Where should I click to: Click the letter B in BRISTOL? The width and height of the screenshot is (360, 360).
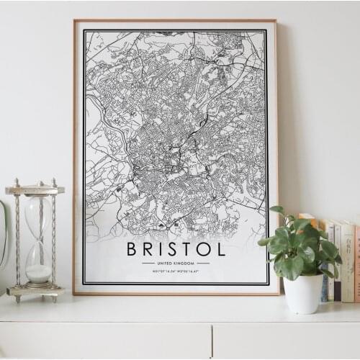point(132,249)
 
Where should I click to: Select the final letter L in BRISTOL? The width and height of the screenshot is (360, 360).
point(220,249)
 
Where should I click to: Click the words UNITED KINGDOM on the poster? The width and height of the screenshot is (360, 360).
point(176,263)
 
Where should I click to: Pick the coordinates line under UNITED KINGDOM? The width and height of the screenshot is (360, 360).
point(176,271)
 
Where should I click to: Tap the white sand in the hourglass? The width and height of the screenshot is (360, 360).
point(38,273)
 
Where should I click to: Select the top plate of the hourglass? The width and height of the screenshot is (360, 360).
point(35,190)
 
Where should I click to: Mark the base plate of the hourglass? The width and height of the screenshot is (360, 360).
point(35,291)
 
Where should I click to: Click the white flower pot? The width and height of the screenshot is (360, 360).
point(303,293)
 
